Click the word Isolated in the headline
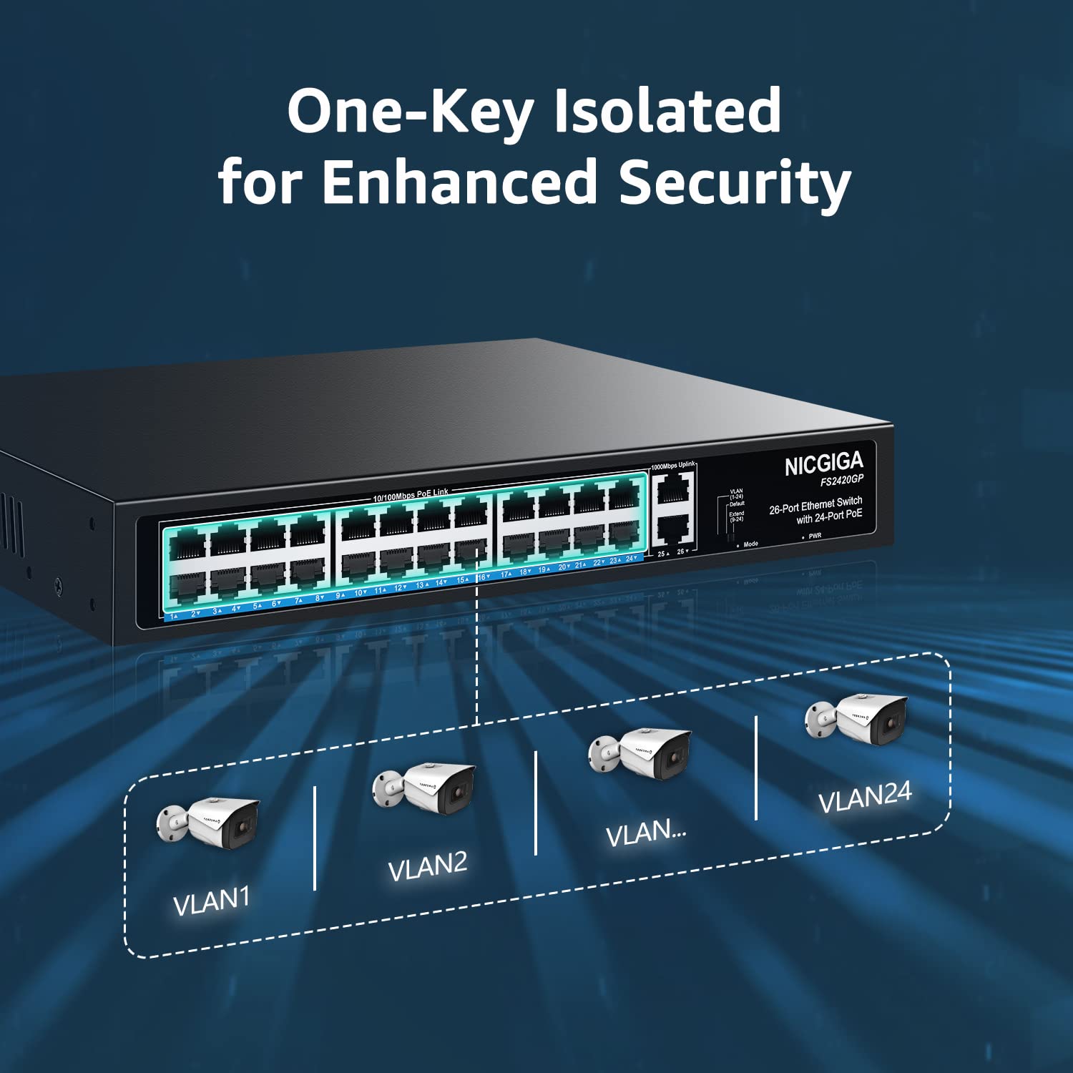coord(667,111)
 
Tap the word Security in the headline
coord(734,182)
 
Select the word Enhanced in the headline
coord(459,182)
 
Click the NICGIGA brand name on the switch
coord(823,465)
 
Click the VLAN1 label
coord(212,901)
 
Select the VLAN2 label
coord(427,866)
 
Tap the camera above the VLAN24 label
coord(857,717)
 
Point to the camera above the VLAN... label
coord(641,754)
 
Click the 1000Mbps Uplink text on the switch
coord(672,466)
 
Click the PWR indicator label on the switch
coord(815,536)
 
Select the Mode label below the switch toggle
coord(750,544)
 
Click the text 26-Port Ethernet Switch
coord(815,505)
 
